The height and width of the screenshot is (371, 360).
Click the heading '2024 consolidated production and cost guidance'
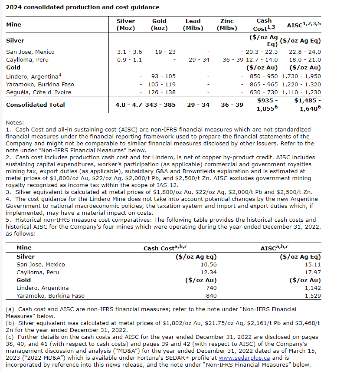(82, 7)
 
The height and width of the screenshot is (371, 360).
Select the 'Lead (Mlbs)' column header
(193, 24)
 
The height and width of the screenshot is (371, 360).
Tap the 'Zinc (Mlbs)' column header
(227, 24)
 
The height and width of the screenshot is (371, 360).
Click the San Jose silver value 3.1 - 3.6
(129, 52)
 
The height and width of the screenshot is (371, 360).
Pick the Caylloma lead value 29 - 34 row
(199, 59)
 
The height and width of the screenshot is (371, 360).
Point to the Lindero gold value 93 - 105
(164, 76)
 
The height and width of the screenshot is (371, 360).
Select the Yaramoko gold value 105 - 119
(162, 84)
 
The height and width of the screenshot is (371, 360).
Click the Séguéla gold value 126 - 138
(162, 92)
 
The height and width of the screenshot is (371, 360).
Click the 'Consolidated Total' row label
(36, 105)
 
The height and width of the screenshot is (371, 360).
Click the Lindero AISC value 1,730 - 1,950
(301, 76)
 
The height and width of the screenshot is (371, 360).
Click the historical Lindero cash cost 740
(211, 288)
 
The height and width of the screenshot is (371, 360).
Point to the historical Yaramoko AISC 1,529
(313, 295)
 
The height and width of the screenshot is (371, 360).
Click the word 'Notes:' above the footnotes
(15, 123)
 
